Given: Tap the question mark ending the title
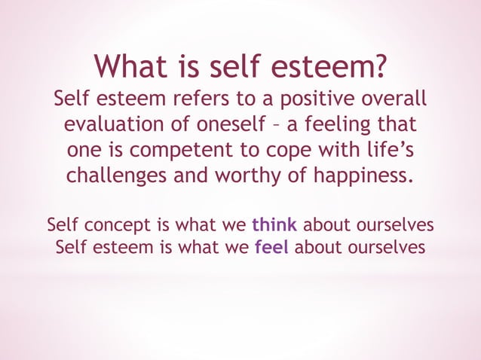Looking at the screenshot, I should (x=383, y=67).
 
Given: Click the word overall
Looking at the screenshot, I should (x=396, y=99).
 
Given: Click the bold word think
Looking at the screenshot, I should (x=274, y=224).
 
